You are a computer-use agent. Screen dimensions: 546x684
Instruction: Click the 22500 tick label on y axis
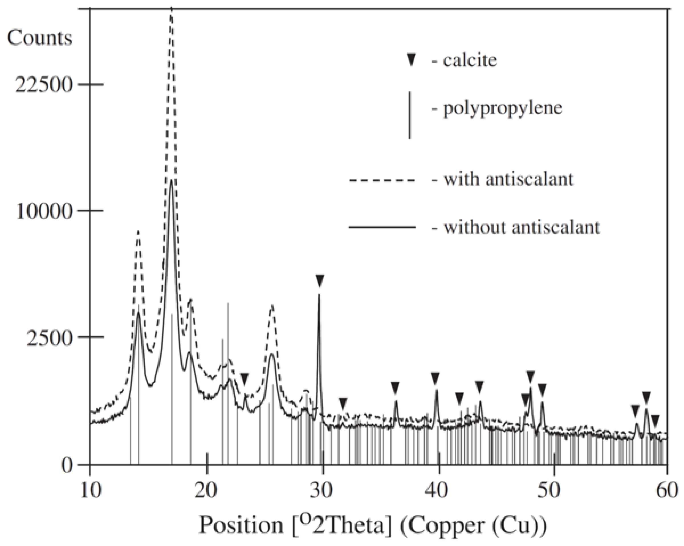44,85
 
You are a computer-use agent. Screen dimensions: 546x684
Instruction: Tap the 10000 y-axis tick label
44,211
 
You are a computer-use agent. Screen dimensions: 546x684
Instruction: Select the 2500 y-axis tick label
49,337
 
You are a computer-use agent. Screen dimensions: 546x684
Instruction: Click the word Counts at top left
40,38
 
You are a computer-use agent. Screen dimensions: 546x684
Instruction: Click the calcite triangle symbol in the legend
411,60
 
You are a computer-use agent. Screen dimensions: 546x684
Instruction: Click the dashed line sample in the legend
382,180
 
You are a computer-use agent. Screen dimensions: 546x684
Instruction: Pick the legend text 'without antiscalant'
522,227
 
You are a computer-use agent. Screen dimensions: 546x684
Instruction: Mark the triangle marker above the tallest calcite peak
319,281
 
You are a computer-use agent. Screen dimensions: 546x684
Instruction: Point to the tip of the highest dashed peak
171,9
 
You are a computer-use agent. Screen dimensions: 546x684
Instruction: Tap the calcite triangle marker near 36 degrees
395,387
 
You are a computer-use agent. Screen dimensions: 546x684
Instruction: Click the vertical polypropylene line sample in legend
410,115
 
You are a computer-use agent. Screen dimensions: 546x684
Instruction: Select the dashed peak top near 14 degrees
138,232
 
